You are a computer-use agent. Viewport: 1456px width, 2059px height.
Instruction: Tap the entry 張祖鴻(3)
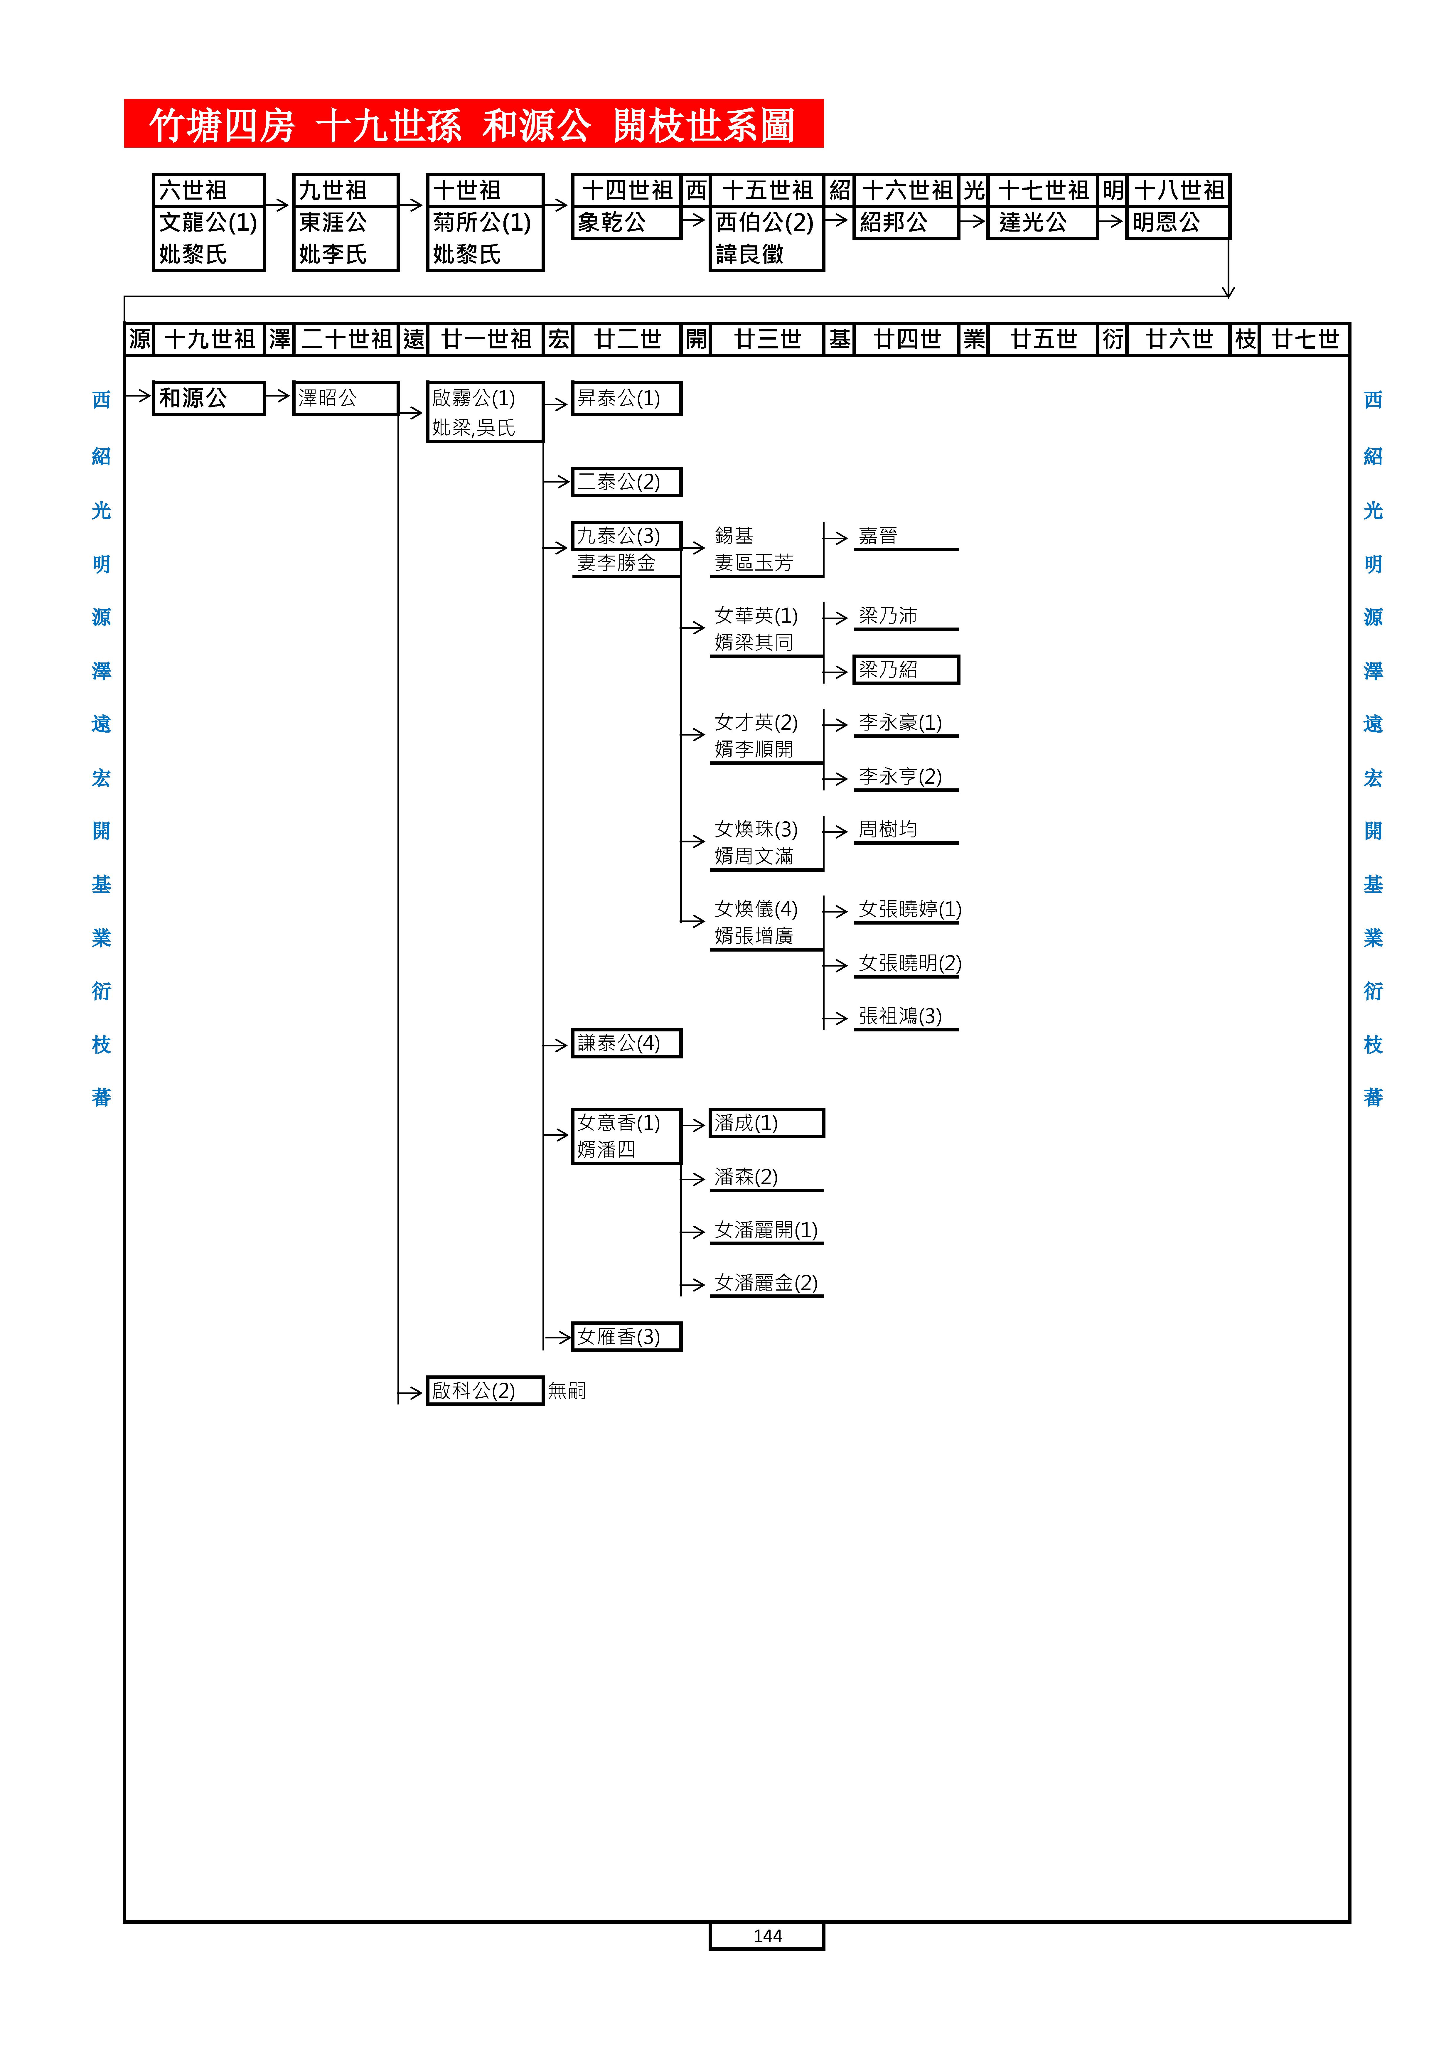click(900, 1016)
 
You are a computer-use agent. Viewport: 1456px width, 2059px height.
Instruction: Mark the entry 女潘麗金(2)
click(766, 1283)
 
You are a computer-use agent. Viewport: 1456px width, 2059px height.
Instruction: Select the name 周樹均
click(887, 829)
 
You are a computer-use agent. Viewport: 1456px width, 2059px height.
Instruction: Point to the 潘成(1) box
click(766, 1123)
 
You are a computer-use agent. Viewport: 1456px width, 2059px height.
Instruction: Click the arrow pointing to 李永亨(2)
click(836, 778)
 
